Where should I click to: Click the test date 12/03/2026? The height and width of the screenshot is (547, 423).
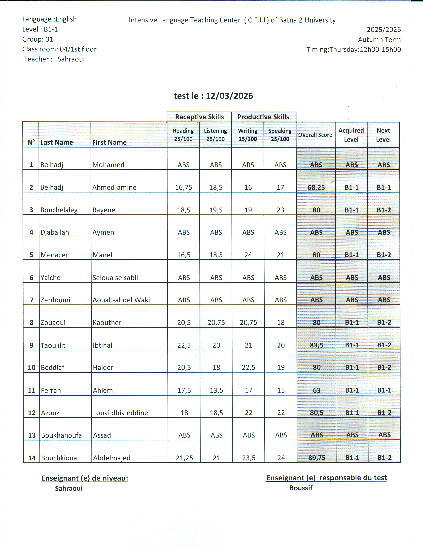click(229, 96)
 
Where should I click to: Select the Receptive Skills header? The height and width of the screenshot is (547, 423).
click(199, 117)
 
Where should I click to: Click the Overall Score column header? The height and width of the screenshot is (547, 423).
click(315, 135)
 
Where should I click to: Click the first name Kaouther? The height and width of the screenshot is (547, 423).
click(107, 323)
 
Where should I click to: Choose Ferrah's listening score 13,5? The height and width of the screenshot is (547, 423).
click(216, 390)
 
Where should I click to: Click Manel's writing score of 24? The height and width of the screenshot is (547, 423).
click(248, 255)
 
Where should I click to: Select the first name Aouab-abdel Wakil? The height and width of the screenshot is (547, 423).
click(122, 300)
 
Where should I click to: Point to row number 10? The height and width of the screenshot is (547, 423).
click(32, 367)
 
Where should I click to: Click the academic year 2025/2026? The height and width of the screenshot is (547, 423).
click(384, 30)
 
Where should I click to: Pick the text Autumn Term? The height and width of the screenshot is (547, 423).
click(379, 40)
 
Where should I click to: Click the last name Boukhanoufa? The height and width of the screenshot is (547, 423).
click(61, 435)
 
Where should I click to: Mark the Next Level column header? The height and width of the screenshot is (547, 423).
click(383, 135)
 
